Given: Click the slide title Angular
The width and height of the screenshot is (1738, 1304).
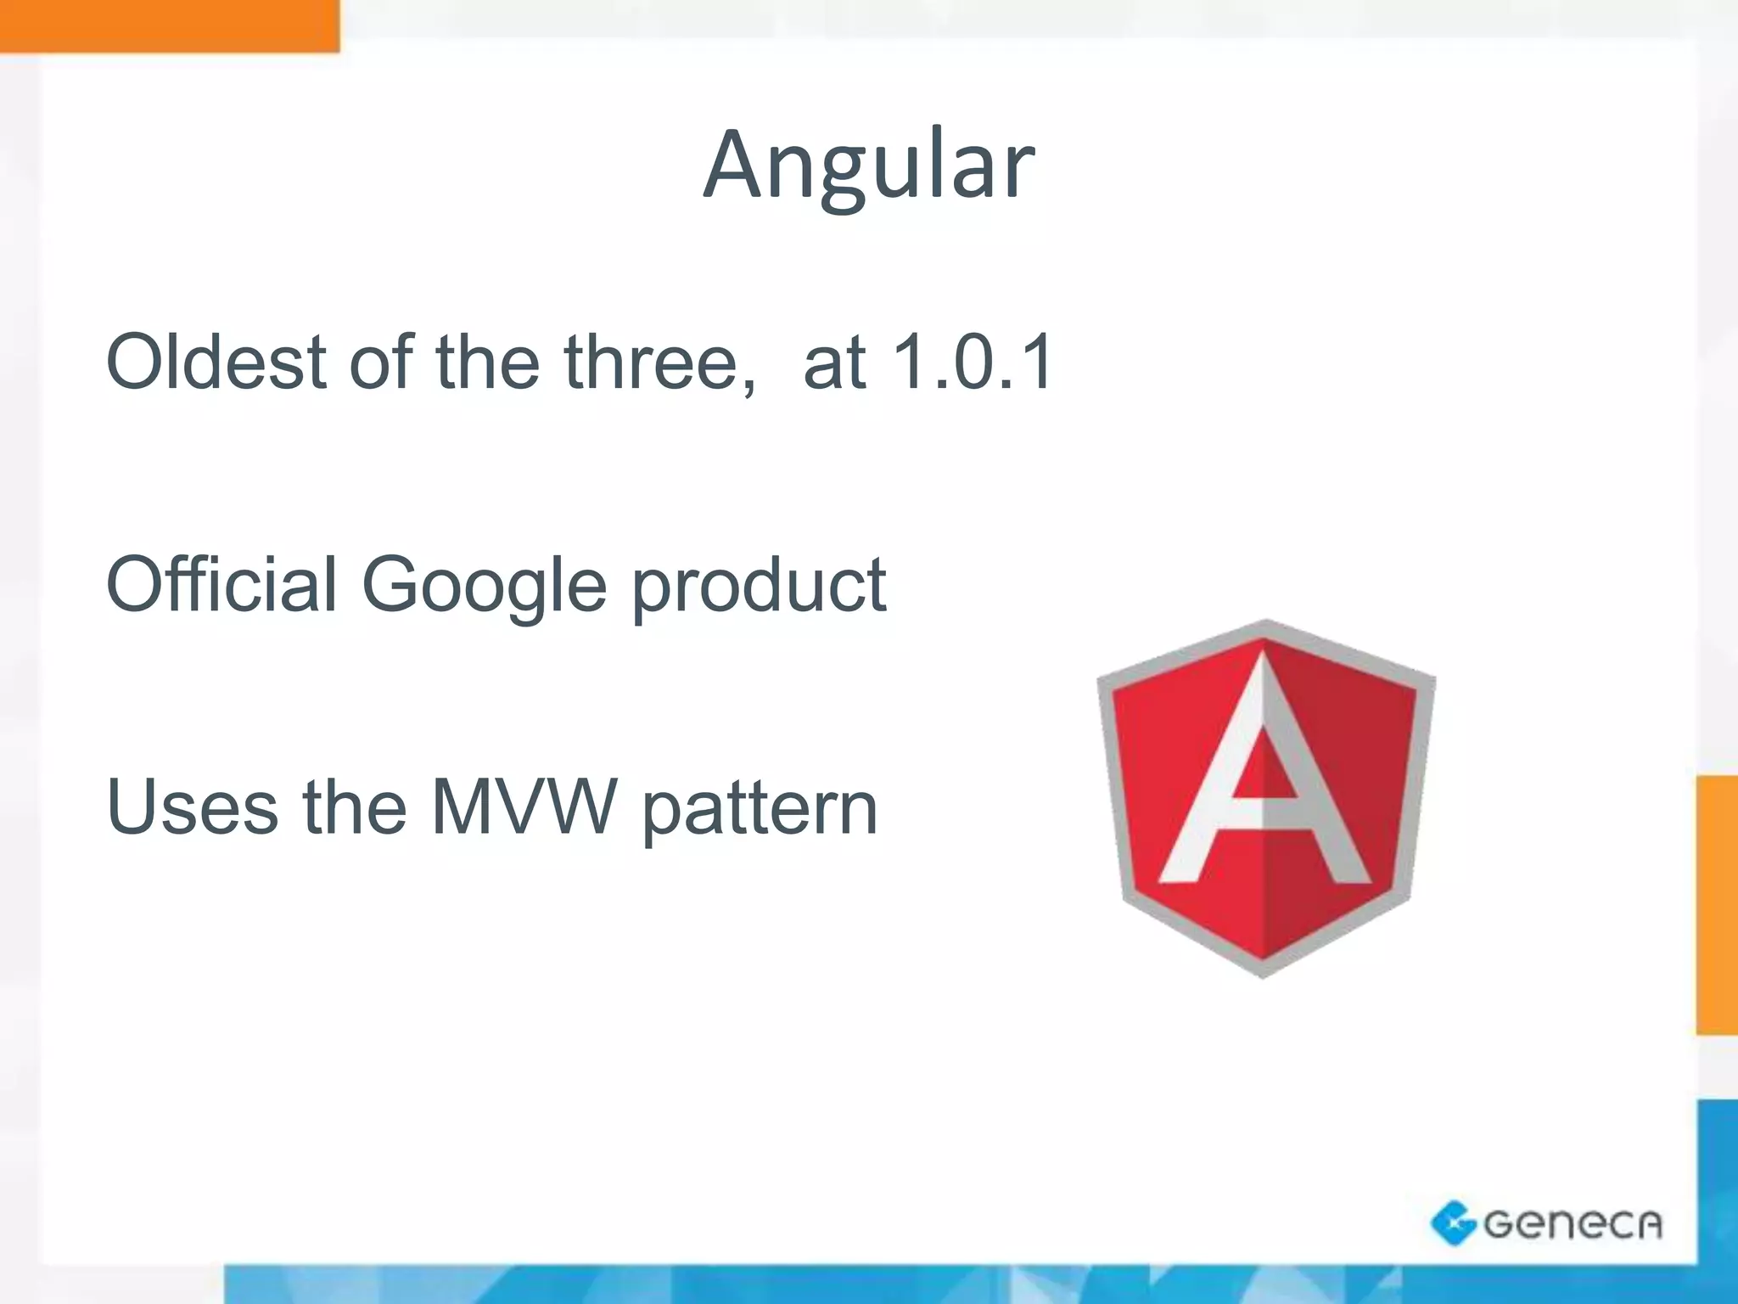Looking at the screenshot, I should pos(868,166).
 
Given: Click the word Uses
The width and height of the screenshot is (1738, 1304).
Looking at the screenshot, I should pos(192,807).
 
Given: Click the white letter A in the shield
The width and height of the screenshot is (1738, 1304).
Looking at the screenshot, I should pos(1264,790).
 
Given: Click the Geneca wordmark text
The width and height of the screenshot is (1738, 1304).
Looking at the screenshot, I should pos(1572,1224).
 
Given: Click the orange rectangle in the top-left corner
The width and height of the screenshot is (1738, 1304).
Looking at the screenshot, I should pos(169,25).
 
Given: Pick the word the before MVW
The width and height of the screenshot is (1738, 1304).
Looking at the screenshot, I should pos(354,807).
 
